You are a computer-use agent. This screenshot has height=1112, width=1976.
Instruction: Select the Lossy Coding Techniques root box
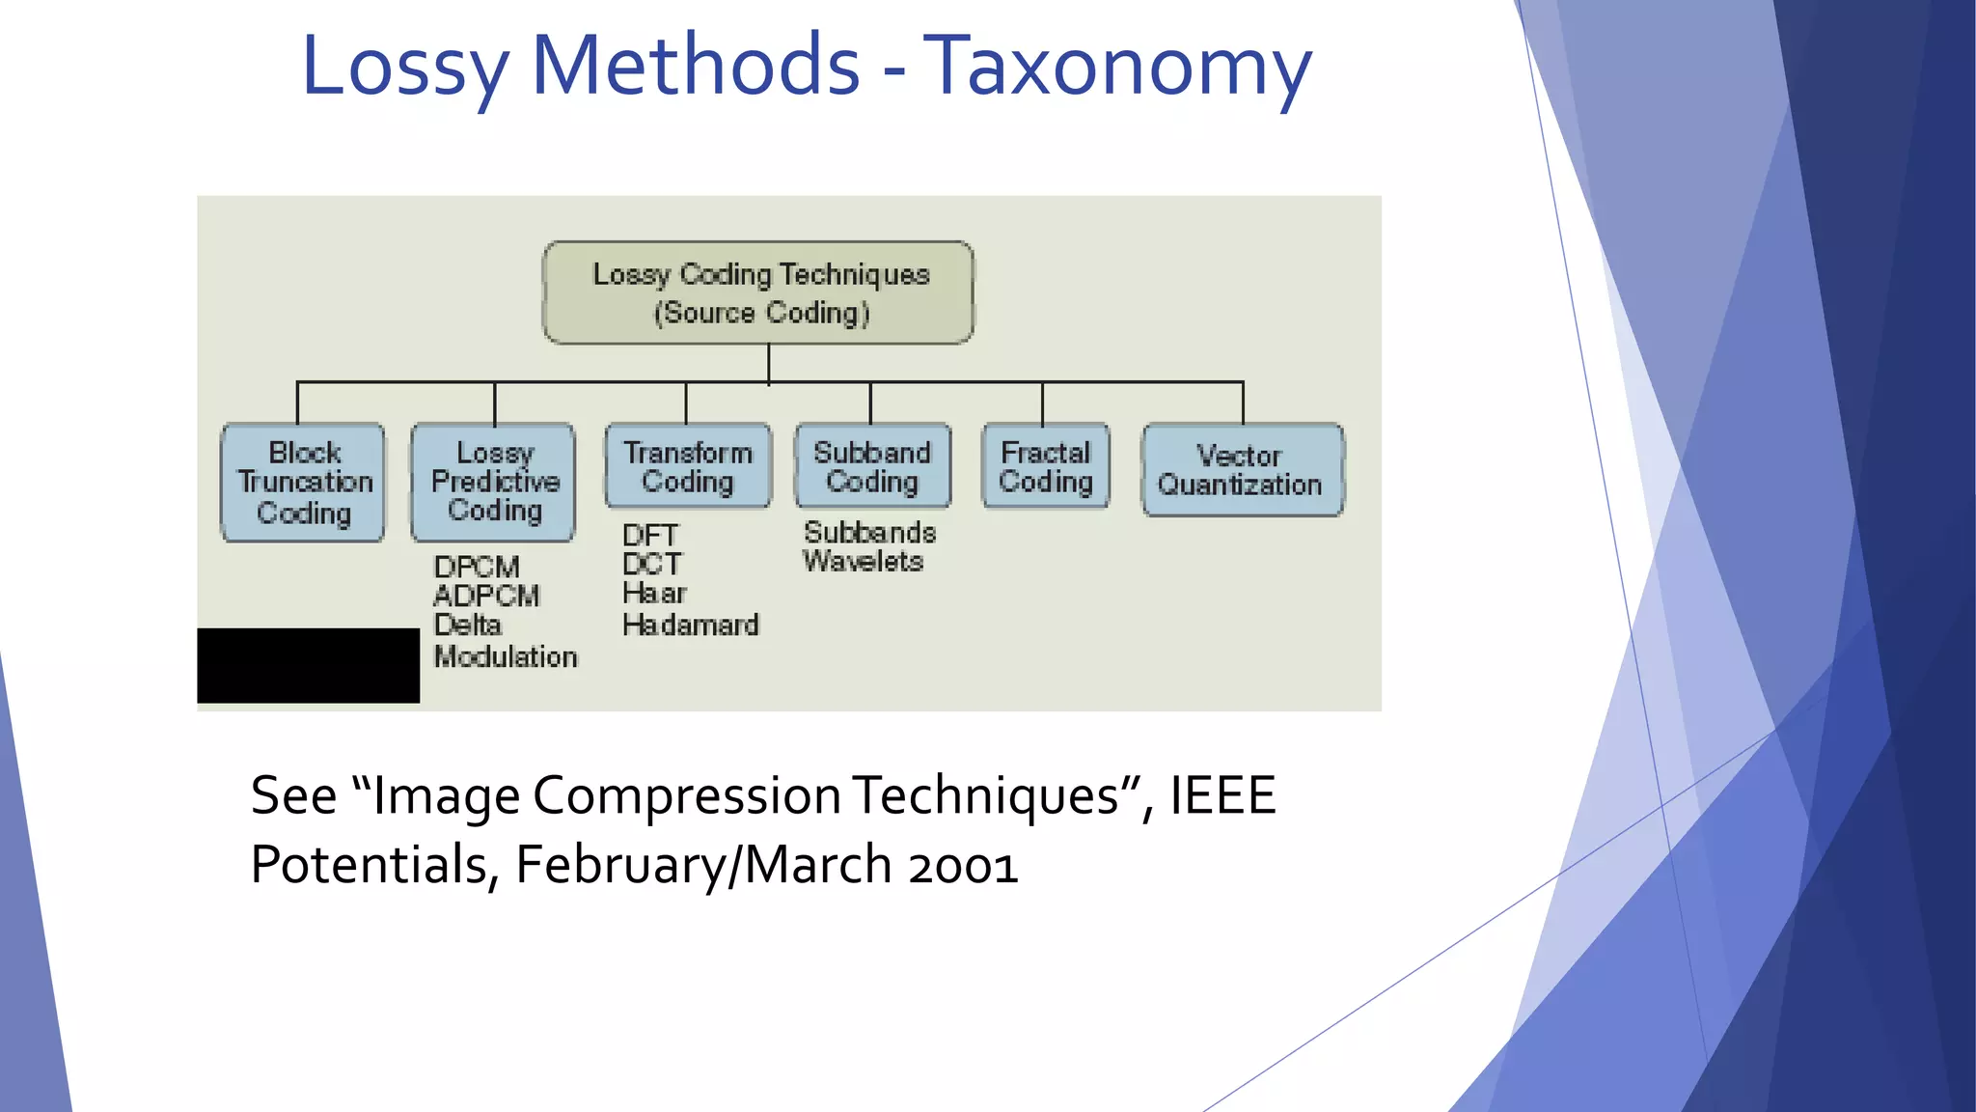(x=758, y=292)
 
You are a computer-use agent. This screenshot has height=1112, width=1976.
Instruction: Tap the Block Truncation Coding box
(x=303, y=482)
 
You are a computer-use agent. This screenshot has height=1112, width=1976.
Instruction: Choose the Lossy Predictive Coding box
(x=493, y=481)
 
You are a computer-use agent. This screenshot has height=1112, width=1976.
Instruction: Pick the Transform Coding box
(x=688, y=466)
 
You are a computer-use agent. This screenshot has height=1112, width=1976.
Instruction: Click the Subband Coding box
(x=872, y=466)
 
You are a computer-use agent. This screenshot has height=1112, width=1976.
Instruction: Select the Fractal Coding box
(x=1046, y=466)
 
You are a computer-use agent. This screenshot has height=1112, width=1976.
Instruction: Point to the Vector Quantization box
(x=1242, y=470)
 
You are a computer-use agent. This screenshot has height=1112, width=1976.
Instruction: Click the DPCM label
(x=477, y=567)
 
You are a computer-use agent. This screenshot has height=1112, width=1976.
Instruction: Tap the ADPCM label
(x=486, y=596)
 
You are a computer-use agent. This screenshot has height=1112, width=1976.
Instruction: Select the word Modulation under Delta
(x=506, y=656)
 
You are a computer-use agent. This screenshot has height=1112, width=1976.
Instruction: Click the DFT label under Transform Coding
(x=649, y=535)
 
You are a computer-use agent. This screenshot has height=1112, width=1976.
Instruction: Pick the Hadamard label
(x=691, y=625)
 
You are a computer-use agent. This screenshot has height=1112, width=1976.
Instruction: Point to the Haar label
(x=654, y=593)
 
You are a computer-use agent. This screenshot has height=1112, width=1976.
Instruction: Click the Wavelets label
(x=863, y=561)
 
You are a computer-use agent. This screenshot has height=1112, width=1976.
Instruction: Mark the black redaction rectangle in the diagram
(x=308, y=665)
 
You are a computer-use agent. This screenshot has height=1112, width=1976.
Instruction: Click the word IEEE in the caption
(x=1222, y=795)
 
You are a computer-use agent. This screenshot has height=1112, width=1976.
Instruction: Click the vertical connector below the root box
(x=769, y=363)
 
